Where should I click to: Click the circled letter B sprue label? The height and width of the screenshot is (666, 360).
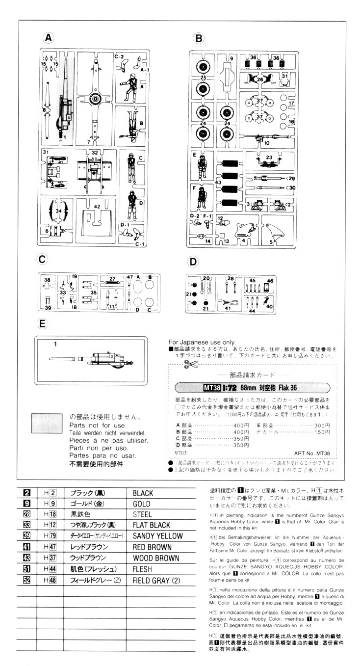(x=199, y=37)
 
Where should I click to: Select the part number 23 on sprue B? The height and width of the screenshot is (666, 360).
(x=269, y=158)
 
